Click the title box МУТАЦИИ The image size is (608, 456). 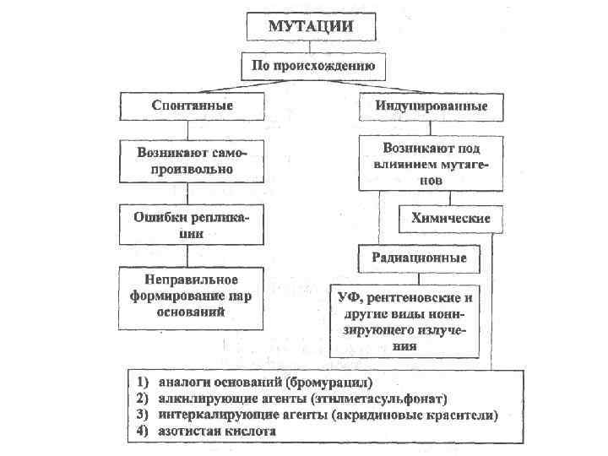(x=310, y=25)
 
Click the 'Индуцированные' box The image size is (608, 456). (x=431, y=106)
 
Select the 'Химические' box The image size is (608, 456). (x=451, y=219)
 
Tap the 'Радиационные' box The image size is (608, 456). (x=419, y=257)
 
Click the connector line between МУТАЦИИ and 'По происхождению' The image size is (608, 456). (x=311, y=46)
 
